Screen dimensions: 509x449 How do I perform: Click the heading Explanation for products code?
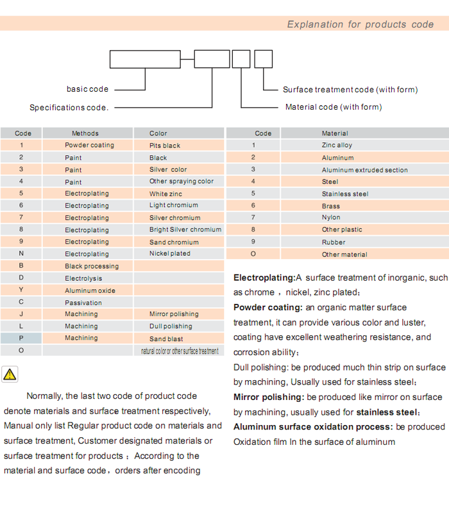[360, 24]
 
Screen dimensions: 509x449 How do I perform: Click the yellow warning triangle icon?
[10, 374]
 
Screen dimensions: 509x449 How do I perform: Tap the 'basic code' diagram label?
[87, 89]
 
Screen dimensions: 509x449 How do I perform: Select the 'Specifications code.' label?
[69, 108]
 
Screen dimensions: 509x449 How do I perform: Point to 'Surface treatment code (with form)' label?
[350, 90]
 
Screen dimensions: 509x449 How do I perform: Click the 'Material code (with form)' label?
[334, 107]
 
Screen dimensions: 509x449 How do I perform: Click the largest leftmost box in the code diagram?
[145, 59]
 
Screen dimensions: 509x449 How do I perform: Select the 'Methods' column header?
[85, 133]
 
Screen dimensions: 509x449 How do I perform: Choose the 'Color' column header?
[158, 133]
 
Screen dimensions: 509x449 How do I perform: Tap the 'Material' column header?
[335, 133]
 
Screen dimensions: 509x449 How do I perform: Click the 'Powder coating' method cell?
[89, 146]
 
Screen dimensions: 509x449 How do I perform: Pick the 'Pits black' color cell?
[165, 146]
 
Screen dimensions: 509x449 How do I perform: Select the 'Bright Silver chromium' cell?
[185, 229]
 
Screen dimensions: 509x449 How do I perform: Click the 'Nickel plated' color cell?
[170, 254]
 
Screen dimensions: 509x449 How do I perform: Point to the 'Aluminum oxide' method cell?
[90, 290]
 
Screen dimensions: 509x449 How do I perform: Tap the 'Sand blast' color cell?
[166, 338]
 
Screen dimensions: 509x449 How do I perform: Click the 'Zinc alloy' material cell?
[337, 146]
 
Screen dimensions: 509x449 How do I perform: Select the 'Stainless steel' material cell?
[345, 194]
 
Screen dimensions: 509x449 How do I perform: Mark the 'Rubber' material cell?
[334, 242]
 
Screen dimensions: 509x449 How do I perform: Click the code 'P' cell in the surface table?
[21, 338]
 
